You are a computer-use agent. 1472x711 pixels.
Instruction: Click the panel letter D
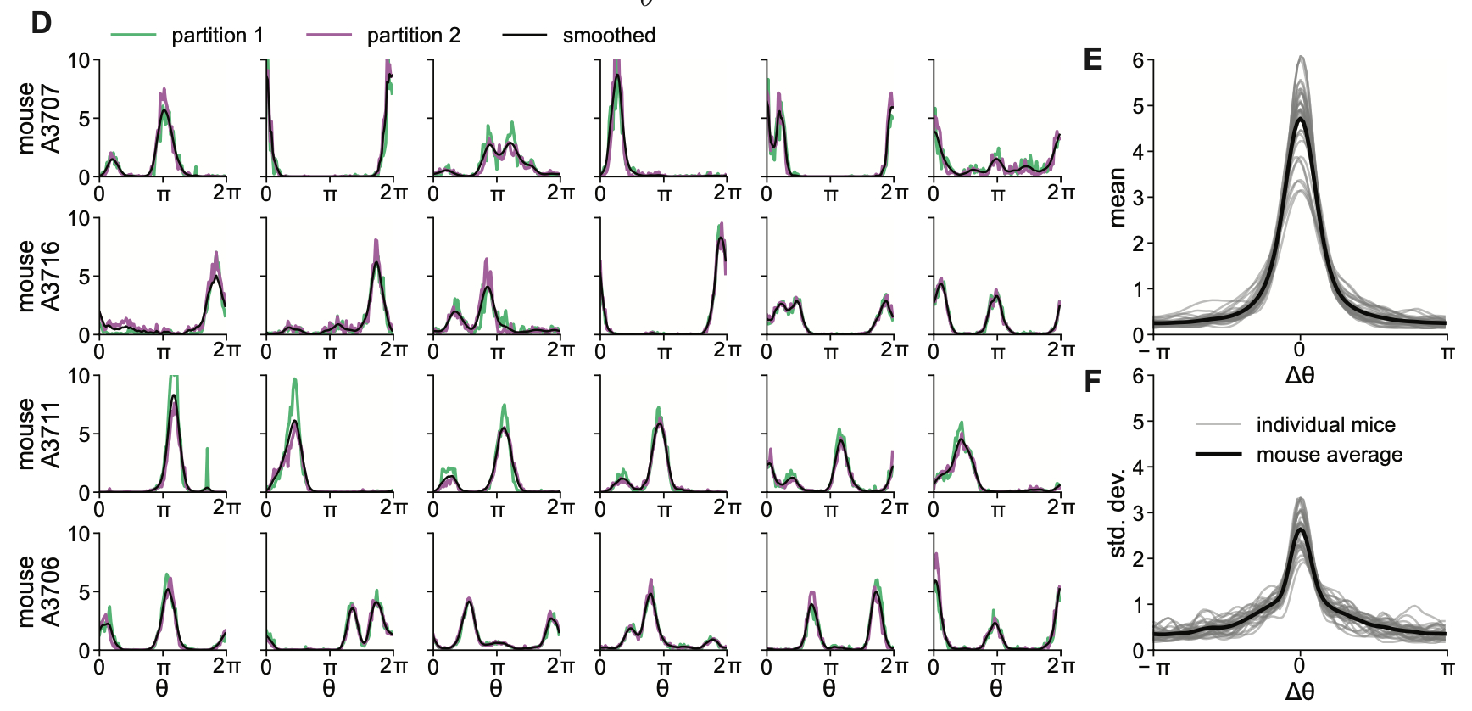tap(41, 23)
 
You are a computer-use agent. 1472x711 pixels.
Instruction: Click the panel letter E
tap(1093, 59)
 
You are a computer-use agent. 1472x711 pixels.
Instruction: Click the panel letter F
tap(1093, 382)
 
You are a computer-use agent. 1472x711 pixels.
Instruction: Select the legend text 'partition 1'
tap(217, 36)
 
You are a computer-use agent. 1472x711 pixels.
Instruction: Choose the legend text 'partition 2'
tap(413, 36)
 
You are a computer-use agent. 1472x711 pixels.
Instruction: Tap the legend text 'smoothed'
tap(609, 36)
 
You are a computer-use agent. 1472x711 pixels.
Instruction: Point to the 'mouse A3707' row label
tap(39, 118)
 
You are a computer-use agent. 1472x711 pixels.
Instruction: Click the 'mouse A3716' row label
tap(39, 276)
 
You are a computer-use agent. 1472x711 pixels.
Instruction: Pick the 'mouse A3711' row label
tap(39, 434)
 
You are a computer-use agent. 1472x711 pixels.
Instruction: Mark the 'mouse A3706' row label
tap(39, 591)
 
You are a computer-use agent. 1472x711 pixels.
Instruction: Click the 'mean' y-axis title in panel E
tap(1117, 197)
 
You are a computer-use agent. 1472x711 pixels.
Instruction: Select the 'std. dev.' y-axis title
tap(1117, 512)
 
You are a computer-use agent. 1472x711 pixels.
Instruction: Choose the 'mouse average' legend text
tap(1329, 455)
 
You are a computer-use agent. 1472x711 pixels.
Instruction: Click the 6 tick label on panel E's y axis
tap(1137, 60)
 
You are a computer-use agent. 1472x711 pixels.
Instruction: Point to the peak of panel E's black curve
tap(1300, 119)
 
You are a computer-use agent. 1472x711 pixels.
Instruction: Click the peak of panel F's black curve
tap(1300, 529)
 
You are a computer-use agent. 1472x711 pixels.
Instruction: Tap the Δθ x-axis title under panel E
tap(1299, 375)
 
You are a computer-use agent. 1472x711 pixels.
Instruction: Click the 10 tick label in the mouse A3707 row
tap(79, 60)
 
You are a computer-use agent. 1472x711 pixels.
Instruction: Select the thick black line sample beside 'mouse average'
tap(1218, 455)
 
